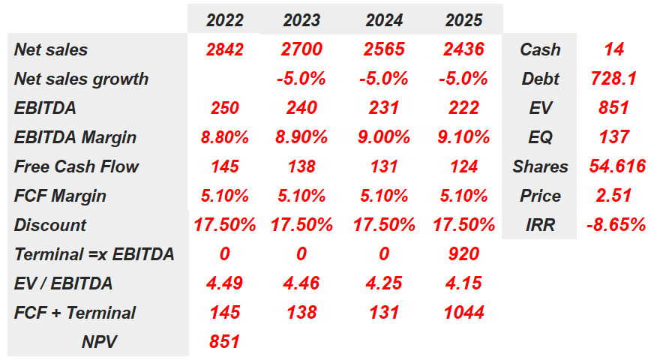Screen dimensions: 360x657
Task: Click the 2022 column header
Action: pyautogui.click(x=224, y=21)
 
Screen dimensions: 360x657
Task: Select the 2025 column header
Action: pyautogui.click(x=463, y=21)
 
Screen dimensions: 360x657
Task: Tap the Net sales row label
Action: pyautogui.click(x=51, y=50)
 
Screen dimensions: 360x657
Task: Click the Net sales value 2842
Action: pyautogui.click(x=224, y=50)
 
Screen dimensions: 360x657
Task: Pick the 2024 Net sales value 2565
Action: pyautogui.click(x=384, y=50)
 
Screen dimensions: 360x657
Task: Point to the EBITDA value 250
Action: pyautogui.click(x=224, y=108)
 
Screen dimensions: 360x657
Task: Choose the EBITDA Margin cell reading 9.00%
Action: pyautogui.click(x=384, y=137)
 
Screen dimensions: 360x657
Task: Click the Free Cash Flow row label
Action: pyautogui.click(x=76, y=166)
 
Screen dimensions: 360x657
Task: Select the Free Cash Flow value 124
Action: pyautogui.click(x=463, y=166)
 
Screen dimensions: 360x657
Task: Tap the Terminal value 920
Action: pyautogui.click(x=463, y=254)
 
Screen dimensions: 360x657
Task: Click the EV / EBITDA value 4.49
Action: pyautogui.click(x=224, y=283)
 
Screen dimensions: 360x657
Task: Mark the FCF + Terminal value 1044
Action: pyautogui.click(x=463, y=313)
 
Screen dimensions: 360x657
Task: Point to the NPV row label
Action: pyautogui.click(x=100, y=342)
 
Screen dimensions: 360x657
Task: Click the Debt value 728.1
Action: pyautogui.click(x=613, y=79)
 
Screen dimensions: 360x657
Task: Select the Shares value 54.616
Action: pyautogui.click(x=617, y=166)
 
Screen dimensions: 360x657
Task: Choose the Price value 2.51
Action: pyautogui.click(x=613, y=196)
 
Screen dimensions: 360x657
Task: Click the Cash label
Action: pyautogui.click(x=540, y=50)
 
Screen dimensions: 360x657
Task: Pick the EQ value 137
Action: pyautogui.click(x=613, y=137)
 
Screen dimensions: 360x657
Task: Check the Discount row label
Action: pyautogui.click(x=50, y=225)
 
